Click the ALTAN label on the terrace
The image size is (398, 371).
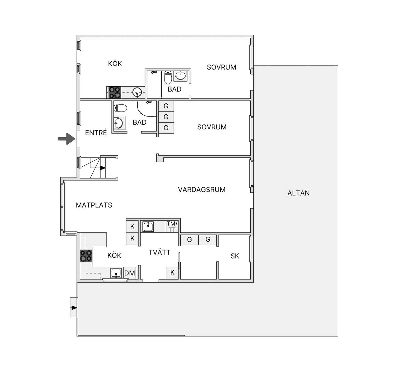pos(298,193)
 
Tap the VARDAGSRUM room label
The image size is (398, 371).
pos(201,190)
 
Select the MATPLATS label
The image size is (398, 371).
pos(94,205)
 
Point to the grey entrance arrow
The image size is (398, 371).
pos(67,139)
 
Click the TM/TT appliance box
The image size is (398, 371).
pos(172,226)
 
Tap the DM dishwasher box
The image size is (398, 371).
pos(130,273)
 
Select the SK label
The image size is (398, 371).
pos(235,256)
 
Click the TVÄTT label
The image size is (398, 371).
pos(160,252)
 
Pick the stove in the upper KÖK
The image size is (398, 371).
pos(115,93)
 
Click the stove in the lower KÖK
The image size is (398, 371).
pos(86,256)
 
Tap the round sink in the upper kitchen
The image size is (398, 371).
pos(137,93)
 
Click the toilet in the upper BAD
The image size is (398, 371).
pos(168,78)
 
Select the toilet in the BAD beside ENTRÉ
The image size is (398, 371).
pos(120,108)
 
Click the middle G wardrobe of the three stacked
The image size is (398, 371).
pos(166,117)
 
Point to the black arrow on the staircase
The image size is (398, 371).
pos(103,168)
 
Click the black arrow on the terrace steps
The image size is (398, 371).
pos(74,308)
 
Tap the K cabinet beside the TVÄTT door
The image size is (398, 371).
pos(172,273)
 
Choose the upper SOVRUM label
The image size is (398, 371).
pos(221,67)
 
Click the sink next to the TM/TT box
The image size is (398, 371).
pos(148,227)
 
